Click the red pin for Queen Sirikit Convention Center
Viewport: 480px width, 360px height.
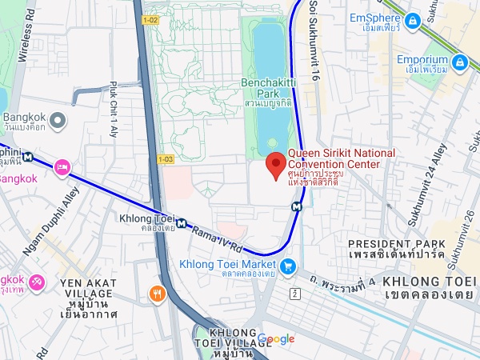(x=277, y=165)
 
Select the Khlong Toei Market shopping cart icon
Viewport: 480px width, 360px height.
(x=288, y=265)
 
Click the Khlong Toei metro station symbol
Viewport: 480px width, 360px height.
(x=183, y=224)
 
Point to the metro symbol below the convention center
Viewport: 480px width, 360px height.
(x=297, y=206)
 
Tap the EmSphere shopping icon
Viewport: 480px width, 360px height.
(x=413, y=19)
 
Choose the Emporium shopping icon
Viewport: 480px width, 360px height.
(x=459, y=61)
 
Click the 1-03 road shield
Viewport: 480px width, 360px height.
(x=166, y=159)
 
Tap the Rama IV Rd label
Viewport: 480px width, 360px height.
(x=218, y=238)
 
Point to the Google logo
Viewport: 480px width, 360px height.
(x=276, y=339)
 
